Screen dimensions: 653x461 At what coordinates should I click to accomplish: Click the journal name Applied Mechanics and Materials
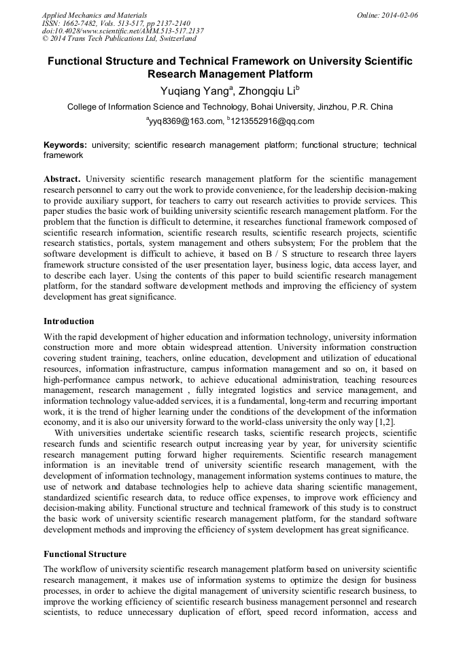pos(95,14)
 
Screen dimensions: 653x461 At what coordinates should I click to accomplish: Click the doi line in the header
pos(122,31)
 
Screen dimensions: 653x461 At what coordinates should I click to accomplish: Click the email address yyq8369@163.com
pos(185,121)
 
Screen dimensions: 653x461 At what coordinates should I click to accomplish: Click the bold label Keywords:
pos(65,145)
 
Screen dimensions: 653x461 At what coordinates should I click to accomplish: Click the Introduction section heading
pos(69,321)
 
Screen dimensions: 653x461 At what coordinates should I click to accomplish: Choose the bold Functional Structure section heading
pos(85,554)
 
